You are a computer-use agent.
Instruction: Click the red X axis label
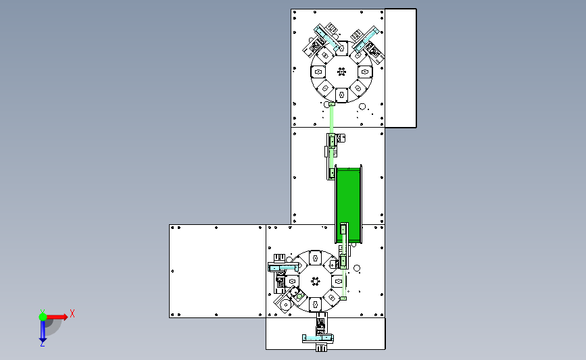tap(72, 313)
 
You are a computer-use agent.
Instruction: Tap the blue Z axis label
tap(42, 344)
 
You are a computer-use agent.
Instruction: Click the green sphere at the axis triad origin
tap(43, 317)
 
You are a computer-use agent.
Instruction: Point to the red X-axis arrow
tap(57, 317)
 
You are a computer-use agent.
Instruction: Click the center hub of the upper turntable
tap(341, 72)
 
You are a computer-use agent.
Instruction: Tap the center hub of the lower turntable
tap(316, 281)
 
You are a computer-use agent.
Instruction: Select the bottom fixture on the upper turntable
tap(341, 95)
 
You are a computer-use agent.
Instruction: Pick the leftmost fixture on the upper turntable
tap(318, 72)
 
